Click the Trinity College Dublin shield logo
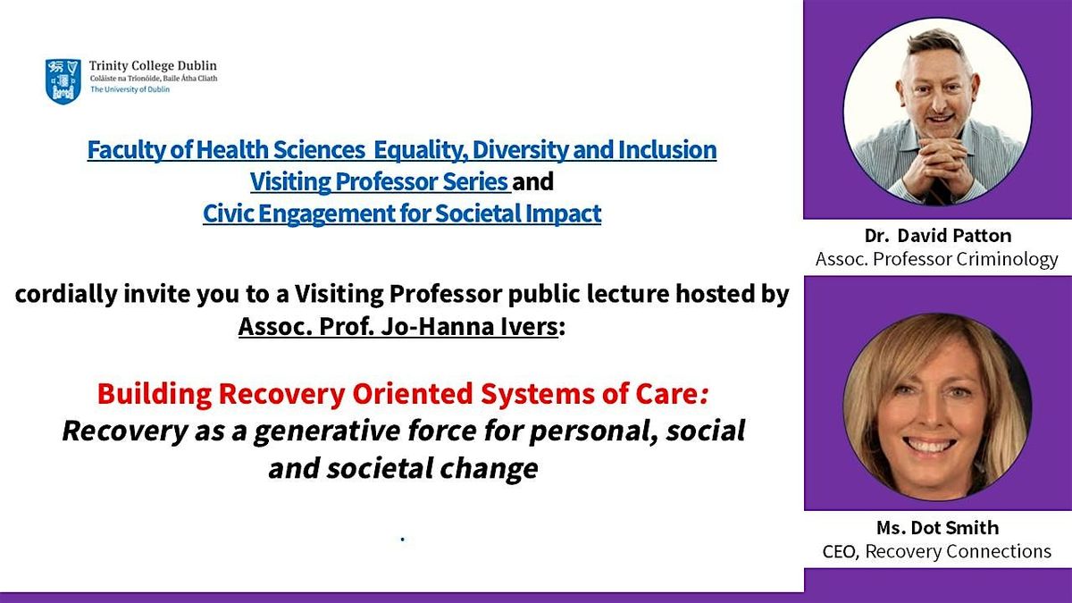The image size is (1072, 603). pos(63,81)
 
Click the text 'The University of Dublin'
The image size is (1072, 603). pos(130,89)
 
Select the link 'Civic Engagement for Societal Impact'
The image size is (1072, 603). pos(402,214)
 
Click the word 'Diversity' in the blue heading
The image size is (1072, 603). pos(519,150)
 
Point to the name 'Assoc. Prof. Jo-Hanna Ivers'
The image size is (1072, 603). pos(398,327)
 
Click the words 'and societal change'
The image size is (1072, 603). pos(403,467)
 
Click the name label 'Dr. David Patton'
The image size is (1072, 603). pos(938,236)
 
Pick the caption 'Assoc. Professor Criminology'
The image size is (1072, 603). pos(936,259)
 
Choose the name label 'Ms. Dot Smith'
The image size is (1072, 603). pos(937,528)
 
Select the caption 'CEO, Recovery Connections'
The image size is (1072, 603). pos(936,551)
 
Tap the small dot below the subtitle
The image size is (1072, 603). pos(403,540)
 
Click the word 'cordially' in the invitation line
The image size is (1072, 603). pos(66,295)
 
